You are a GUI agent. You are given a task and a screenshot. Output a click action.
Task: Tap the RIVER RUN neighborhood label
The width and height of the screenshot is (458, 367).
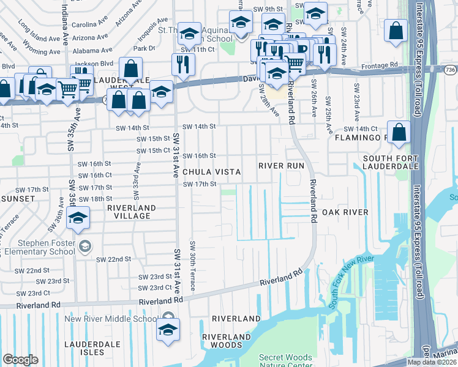click(280, 166)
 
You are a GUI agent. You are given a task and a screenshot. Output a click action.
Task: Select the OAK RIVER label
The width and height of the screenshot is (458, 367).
click(345, 212)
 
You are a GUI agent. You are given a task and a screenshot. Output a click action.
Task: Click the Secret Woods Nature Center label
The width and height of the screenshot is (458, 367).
click(285, 361)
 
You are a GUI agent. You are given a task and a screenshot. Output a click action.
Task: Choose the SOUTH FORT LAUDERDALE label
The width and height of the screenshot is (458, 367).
click(390, 161)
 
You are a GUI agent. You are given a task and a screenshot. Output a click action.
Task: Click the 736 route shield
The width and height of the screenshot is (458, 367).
click(449, 70)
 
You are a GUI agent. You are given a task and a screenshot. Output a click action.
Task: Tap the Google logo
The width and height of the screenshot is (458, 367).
click(20, 360)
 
